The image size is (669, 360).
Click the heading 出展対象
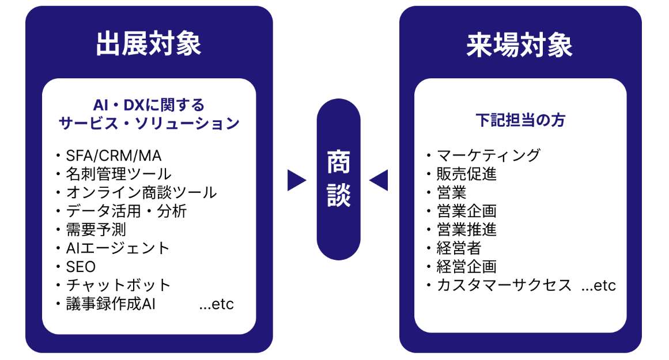tap(149, 44)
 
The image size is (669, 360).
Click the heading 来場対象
tap(520, 44)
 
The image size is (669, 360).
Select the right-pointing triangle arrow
tap(296, 180)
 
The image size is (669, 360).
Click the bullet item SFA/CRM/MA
tap(114, 156)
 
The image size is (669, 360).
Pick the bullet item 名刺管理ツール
tap(119, 174)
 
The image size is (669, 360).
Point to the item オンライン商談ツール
tap(141, 192)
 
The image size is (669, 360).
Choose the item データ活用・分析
tap(126, 211)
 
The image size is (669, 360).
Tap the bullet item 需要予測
tap(96, 229)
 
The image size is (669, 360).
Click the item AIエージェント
tap(118, 248)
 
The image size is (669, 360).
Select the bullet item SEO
tap(81, 267)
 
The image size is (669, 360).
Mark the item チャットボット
tap(119, 285)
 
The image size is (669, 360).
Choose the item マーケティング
tap(489, 156)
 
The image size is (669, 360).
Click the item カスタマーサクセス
tap(504, 285)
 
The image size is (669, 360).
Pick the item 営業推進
tap(467, 229)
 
